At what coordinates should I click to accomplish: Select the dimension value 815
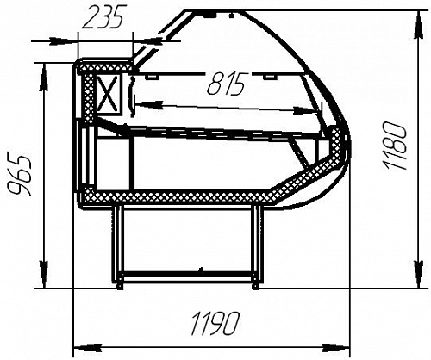coord(226,84)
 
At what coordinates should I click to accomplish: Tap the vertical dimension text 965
coord(19,176)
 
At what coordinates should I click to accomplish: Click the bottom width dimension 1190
coord(215,323)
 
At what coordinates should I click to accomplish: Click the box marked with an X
coord(108,94)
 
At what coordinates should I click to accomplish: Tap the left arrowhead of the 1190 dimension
coord(88,348)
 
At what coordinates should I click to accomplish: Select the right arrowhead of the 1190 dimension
coord(337,348)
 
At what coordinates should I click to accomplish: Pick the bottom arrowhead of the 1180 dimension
coord(420,274)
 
